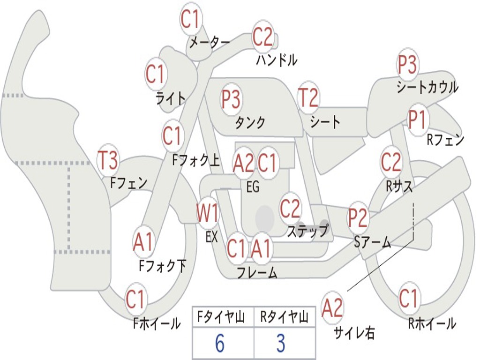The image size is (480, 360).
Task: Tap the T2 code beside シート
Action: point(308,98)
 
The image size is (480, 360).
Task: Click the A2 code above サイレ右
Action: point(332,307)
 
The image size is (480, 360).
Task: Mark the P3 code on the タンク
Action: point(231,99)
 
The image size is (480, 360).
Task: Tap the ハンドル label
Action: point(277,60)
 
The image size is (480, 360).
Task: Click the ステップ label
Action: point(307,231)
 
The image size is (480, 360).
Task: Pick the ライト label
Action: point(171,98)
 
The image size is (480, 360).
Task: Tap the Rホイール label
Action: point(432,323)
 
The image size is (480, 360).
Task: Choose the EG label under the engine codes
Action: point(253,187)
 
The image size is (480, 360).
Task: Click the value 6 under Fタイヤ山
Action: point(219,344)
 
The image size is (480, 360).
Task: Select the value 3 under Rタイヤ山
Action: point(280,344)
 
